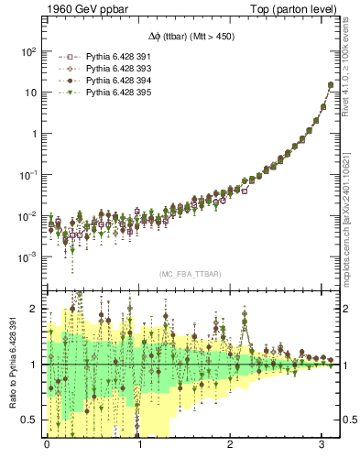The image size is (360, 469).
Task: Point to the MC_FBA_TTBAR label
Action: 190,274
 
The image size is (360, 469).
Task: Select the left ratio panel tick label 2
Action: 35,309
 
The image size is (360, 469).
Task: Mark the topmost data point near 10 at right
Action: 330,85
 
